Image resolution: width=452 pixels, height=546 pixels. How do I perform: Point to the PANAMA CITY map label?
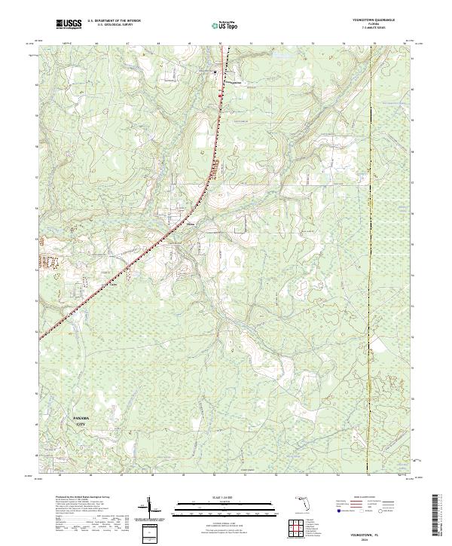(x=80, y=421)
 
